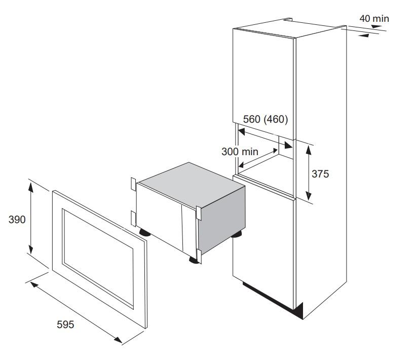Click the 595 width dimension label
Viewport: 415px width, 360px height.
coord(65,325)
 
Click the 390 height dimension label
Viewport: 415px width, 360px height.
coord(17,220)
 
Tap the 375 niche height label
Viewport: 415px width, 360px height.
coord(320,174)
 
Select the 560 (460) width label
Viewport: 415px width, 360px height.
coord(266,119)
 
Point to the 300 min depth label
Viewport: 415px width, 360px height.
coord(240,152)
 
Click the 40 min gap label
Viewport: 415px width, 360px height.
coord(374,19)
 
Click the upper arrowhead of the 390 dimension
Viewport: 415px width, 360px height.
coord(31,187)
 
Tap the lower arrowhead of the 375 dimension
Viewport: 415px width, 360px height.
coord(309,195)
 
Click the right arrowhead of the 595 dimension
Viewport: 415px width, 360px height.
coord(118,340)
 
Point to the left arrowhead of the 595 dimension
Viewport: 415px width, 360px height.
coord(34,285)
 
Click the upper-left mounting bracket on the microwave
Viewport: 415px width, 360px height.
coord(133,184)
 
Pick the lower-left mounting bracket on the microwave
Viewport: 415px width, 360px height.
coord(133,219)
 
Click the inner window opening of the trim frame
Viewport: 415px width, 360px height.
coord(98,258)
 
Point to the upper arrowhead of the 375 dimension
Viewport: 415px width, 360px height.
coord(309,150)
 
